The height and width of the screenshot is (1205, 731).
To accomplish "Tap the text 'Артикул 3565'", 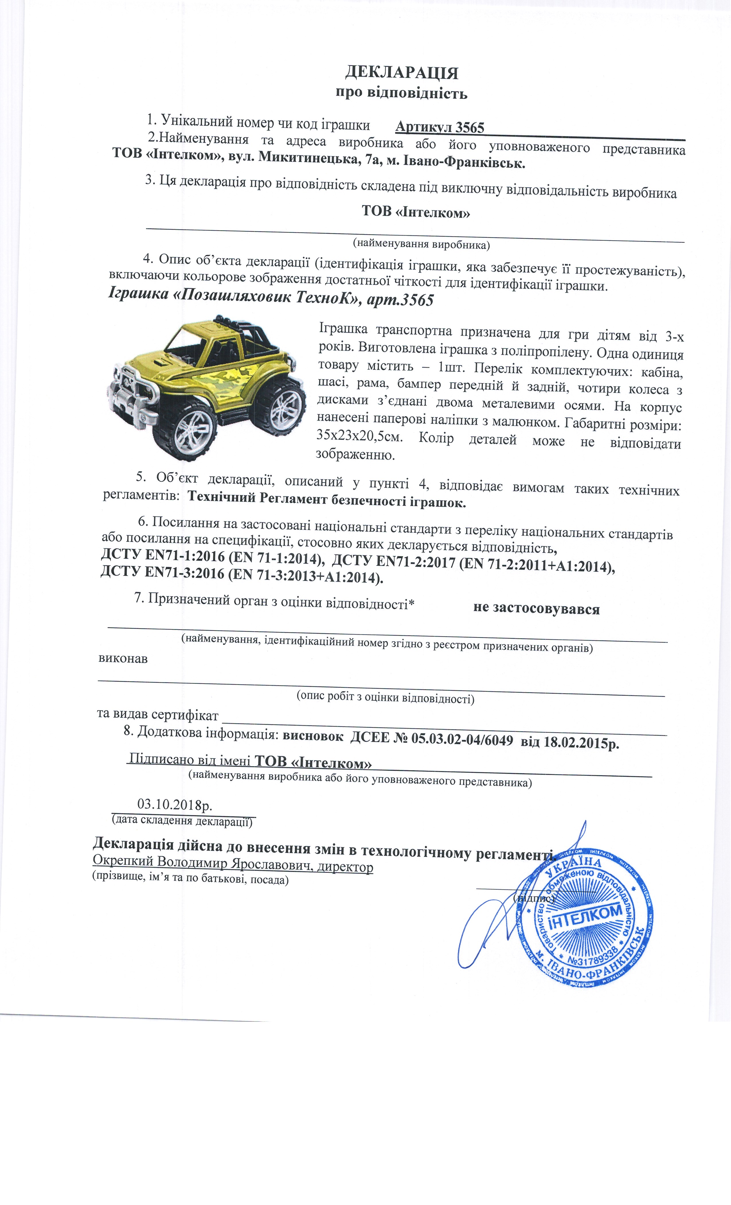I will tap(439, 128).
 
